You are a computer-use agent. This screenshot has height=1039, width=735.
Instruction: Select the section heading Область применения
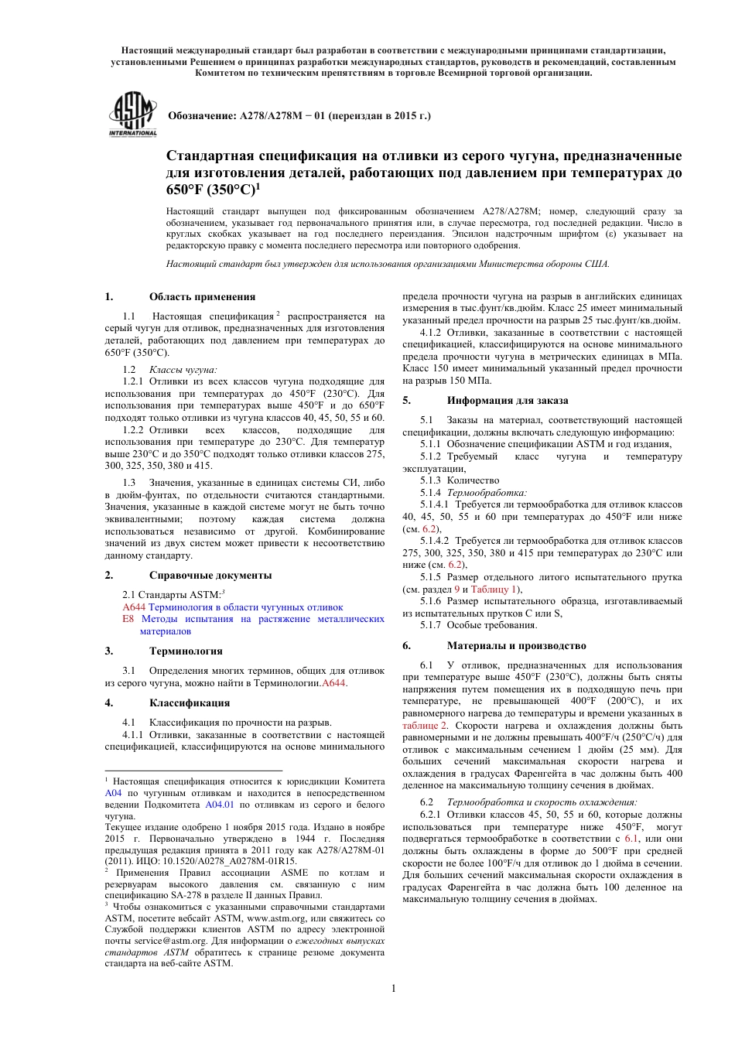[202, 296]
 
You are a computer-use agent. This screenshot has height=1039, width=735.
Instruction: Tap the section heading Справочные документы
[210, 575]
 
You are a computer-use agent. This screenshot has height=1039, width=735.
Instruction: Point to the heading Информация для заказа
[508, 400]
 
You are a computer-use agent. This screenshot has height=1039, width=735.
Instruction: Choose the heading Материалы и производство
[516, 645]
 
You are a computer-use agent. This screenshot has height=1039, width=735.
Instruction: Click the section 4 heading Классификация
[190, 702]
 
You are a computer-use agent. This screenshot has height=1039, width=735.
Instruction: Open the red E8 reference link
[128, 619]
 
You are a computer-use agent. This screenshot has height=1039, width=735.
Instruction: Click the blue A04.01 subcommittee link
[219, 805]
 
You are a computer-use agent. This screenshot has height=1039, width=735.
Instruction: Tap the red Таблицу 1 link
[495, 589]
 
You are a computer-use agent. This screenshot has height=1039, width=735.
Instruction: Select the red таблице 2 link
[424, 725]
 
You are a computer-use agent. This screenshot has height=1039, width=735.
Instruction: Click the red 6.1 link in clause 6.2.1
[631, 839]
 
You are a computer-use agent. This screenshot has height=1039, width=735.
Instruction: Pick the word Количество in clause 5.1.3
[473, 480]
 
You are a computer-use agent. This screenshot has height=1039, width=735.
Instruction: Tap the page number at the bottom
[393, 988]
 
